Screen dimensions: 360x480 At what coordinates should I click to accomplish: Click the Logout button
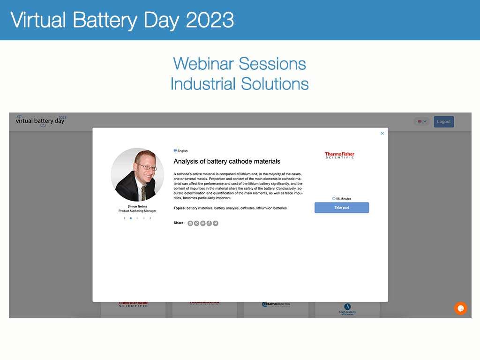(x=443, y=122)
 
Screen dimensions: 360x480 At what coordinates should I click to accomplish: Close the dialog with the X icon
(x=382, y=134)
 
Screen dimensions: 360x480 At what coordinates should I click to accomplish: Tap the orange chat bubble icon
(x=460, y=308)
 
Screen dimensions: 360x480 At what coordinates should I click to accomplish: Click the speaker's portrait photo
(x=137, y=174)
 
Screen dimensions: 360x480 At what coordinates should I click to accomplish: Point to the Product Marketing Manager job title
(x=137, y=211)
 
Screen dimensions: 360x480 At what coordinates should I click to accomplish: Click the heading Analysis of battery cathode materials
(x=227, y=161)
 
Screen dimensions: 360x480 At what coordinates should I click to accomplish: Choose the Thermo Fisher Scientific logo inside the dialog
(x=339, y=155)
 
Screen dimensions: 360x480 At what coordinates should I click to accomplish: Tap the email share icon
(x=190, y=223)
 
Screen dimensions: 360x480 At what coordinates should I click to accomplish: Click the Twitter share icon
(x=216, y=223)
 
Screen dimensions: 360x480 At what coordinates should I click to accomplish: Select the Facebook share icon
(x=209, y=223)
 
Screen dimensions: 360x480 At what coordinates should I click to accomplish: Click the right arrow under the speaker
(x=150, y=218)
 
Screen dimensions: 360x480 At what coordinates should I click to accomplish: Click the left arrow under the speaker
(x=124, y=218)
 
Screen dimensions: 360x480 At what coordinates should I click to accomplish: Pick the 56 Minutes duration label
(x=342, y=199)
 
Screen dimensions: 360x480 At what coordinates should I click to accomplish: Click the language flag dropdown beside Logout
(x=422, y=121)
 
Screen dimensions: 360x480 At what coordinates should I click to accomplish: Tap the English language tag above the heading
(x=181, y=151)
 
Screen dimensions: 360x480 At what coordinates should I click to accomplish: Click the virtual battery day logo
(x=41, y=120)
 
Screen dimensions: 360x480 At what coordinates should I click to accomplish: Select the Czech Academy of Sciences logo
(x=347, y=309)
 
